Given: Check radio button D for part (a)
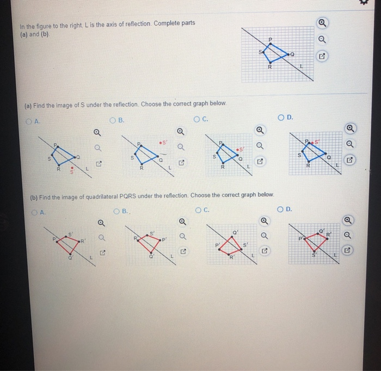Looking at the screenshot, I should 281,117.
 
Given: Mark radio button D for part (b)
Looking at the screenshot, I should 280,208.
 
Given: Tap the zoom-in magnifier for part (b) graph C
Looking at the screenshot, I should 263,221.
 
